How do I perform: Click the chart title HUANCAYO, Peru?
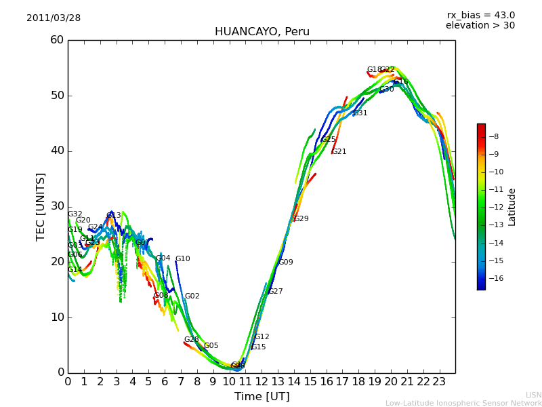(262, 32)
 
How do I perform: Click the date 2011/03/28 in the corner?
(54, 18)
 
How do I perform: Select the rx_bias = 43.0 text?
(481, 16)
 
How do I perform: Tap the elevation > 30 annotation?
(480, 26)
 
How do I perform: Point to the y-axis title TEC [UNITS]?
(41, 206)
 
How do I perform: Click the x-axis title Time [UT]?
(262, 397)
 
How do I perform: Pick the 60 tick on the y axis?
(57, 40)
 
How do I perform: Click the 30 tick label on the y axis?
(57, 206)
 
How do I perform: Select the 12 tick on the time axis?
(262, 382)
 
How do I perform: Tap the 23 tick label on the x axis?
(439, 382)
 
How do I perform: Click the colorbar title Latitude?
(512, 207)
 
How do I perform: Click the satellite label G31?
(360, 113)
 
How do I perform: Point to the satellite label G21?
(339, 152)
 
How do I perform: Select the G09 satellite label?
(286, 263)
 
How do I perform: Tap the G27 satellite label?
(276, 292)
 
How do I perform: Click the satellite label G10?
(183, 259)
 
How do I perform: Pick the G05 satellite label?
(211, 346)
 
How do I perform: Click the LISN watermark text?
(533, 395)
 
